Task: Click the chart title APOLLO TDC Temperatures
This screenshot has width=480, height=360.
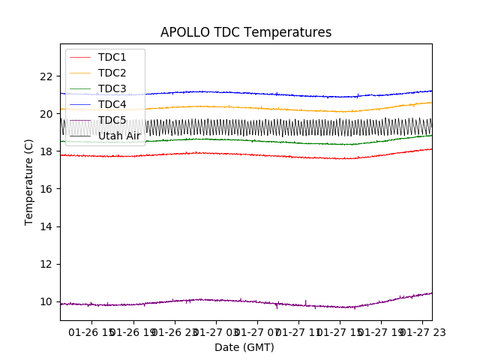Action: point(246,32)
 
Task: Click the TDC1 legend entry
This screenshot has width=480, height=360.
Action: point(112,57)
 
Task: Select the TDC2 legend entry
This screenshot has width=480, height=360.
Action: point(112,73)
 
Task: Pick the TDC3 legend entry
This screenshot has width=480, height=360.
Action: point(112,88)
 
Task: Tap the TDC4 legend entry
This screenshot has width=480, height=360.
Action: point(112,104)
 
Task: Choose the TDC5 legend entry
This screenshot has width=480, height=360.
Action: point(112,120)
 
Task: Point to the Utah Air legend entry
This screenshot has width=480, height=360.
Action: point(118,136)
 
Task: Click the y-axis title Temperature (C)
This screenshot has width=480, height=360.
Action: point(29,182)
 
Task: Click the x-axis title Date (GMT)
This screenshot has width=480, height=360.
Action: point(244,347)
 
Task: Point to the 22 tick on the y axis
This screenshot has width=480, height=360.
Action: point(46,76)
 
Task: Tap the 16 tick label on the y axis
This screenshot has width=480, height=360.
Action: point(46,189)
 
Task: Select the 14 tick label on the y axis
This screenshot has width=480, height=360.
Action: point(46,226)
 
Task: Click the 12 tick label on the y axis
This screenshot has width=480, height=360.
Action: point(46,264)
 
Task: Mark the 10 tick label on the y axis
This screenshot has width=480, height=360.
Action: point(46,301)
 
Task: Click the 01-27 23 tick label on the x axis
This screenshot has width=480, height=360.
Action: point(421,331)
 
